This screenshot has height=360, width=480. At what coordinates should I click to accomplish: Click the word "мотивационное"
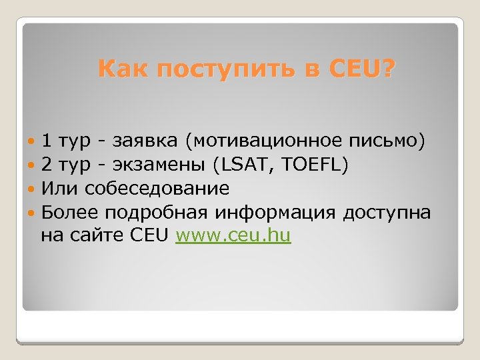[x=267, y=141]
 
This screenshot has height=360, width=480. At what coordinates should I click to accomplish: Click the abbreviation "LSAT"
[x=251, y=165]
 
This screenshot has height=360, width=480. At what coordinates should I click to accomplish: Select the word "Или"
[x=57, y=189]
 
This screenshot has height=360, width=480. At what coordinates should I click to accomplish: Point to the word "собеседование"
[x=155, y=189]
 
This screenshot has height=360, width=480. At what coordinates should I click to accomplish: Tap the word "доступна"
[x=387, y=213]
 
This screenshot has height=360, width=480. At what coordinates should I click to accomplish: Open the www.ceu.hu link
[x=233, y=235]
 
